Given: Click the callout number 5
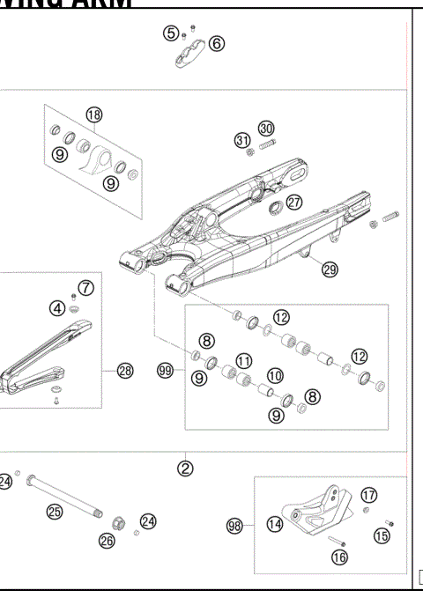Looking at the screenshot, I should pyautogui.click(x=170, y=33).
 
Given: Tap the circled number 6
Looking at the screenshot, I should pyautogui.click(x=217, y=43).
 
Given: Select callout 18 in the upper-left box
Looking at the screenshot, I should pyautogui.click(x=94, y=114).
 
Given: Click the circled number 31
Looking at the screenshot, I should pyautogui.click(x=242, y=140).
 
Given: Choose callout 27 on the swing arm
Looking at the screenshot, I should pyautogui.click(x=293, y=202).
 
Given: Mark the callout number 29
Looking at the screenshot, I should pyautogui.click(x=330, y=269).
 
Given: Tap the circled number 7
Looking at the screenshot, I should pyautogui.click(x=85, y=287).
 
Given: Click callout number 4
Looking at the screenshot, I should pyautogui.click(x=57, y=307).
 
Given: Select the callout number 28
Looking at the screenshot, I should pyautogui.click(x=125, y=372).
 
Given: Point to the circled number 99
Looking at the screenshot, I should pyautogui.click(x=164, y=372).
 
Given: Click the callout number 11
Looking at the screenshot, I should pyautogui.click(x=243, y=359).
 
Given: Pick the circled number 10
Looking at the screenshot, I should pyautogui.click(x=275, y=376).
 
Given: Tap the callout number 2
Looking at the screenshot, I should pyautogui.click(x=185, y=468).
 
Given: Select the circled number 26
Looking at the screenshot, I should pyautogui.click(x=107, y=540).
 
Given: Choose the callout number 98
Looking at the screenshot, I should pyautogui.click(x=235, y=526).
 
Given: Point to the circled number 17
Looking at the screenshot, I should pyautogui.click(x=368, y=495).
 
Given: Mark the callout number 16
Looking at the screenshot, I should pyautogui.click(x=339, y=557).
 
